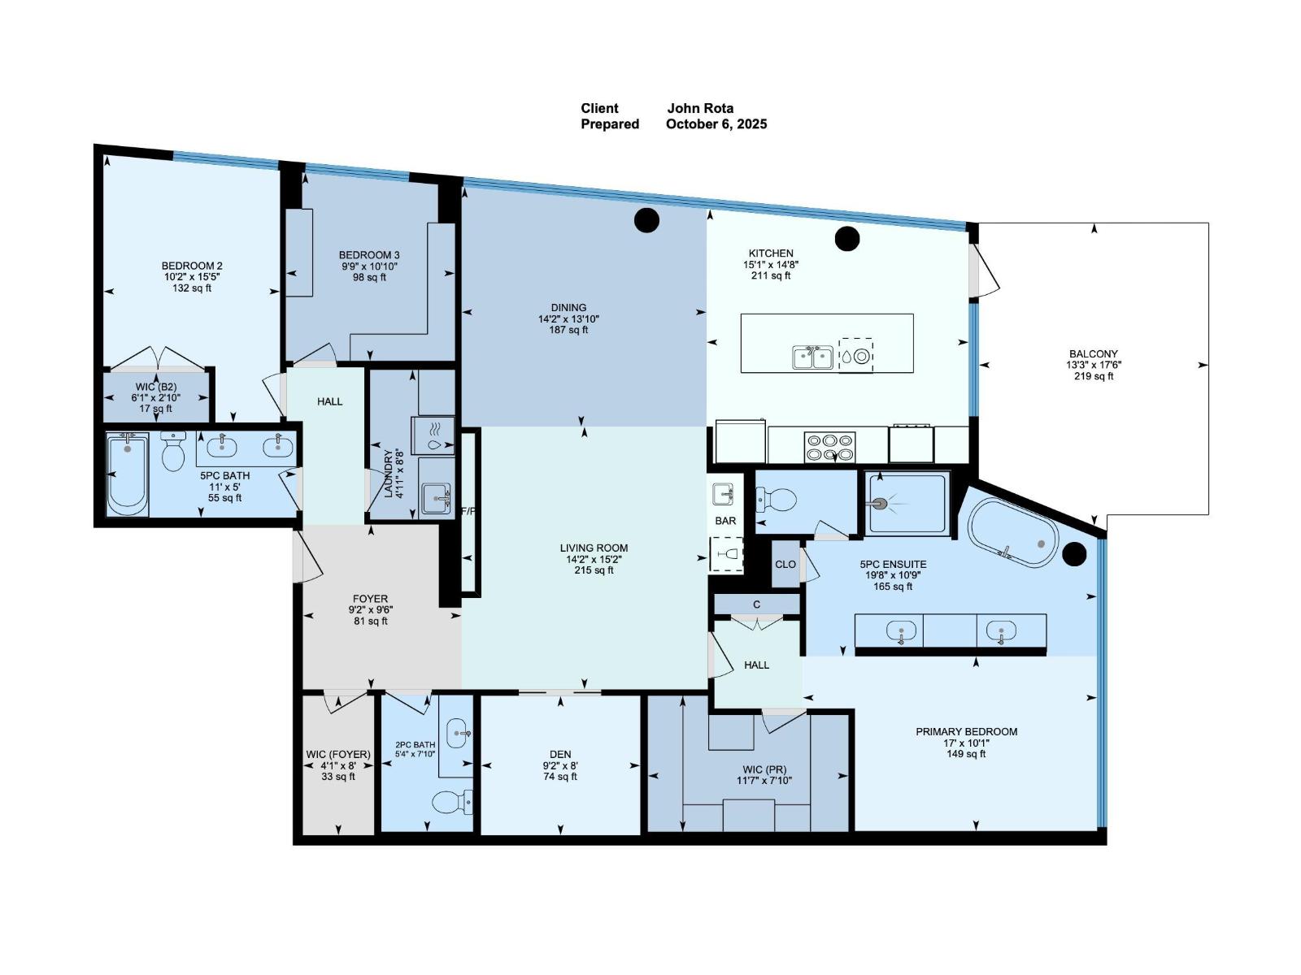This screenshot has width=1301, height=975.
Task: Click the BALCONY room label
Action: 1093,353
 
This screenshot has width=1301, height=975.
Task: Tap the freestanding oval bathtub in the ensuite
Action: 1012,533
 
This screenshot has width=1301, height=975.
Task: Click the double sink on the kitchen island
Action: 812,357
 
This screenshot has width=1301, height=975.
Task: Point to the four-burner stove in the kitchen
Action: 829,446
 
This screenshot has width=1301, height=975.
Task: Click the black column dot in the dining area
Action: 646,220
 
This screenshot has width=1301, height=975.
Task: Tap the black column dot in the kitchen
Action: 847,239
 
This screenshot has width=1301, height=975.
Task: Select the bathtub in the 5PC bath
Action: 128,474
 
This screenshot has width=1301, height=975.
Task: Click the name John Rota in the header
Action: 700,108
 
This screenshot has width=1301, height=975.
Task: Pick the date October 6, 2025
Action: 716,124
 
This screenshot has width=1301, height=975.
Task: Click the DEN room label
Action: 559,754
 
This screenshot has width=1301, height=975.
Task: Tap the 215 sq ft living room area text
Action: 594,570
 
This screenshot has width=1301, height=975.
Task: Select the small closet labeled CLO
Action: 785,564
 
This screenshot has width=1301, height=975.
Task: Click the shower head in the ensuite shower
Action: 878,504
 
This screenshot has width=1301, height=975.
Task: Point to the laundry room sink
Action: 436,497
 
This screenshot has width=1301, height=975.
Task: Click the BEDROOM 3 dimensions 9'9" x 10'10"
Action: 369,266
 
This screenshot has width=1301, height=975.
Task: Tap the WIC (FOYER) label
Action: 338,754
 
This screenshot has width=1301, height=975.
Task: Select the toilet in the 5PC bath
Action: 173,452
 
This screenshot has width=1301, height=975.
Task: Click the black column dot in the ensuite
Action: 1075,554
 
